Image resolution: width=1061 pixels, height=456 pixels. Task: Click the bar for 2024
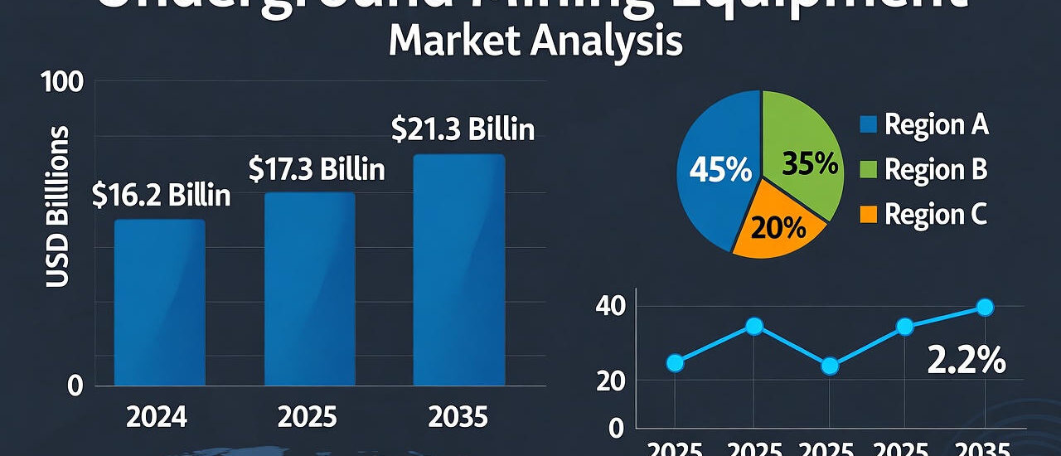point(159,303)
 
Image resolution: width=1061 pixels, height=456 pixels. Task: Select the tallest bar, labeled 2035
point(459,270)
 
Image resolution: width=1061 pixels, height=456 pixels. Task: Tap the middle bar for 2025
point(309,289)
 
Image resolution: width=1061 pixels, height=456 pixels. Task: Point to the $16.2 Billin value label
point(162,196)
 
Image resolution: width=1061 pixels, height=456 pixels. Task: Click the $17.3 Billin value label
point(317,170)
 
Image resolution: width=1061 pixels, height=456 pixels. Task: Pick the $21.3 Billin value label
point(463,130)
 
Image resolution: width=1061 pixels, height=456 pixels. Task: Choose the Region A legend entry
point(923,125)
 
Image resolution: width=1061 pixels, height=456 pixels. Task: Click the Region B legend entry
point(923,170)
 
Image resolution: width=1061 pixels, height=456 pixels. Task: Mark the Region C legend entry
point(923,215)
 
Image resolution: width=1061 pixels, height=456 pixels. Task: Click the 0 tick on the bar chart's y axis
point(75,386)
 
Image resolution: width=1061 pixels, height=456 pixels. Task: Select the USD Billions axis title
point(57,207)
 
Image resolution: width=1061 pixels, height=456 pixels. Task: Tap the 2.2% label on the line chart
point(966,361)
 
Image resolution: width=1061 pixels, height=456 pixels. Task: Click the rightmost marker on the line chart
point(985,308)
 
